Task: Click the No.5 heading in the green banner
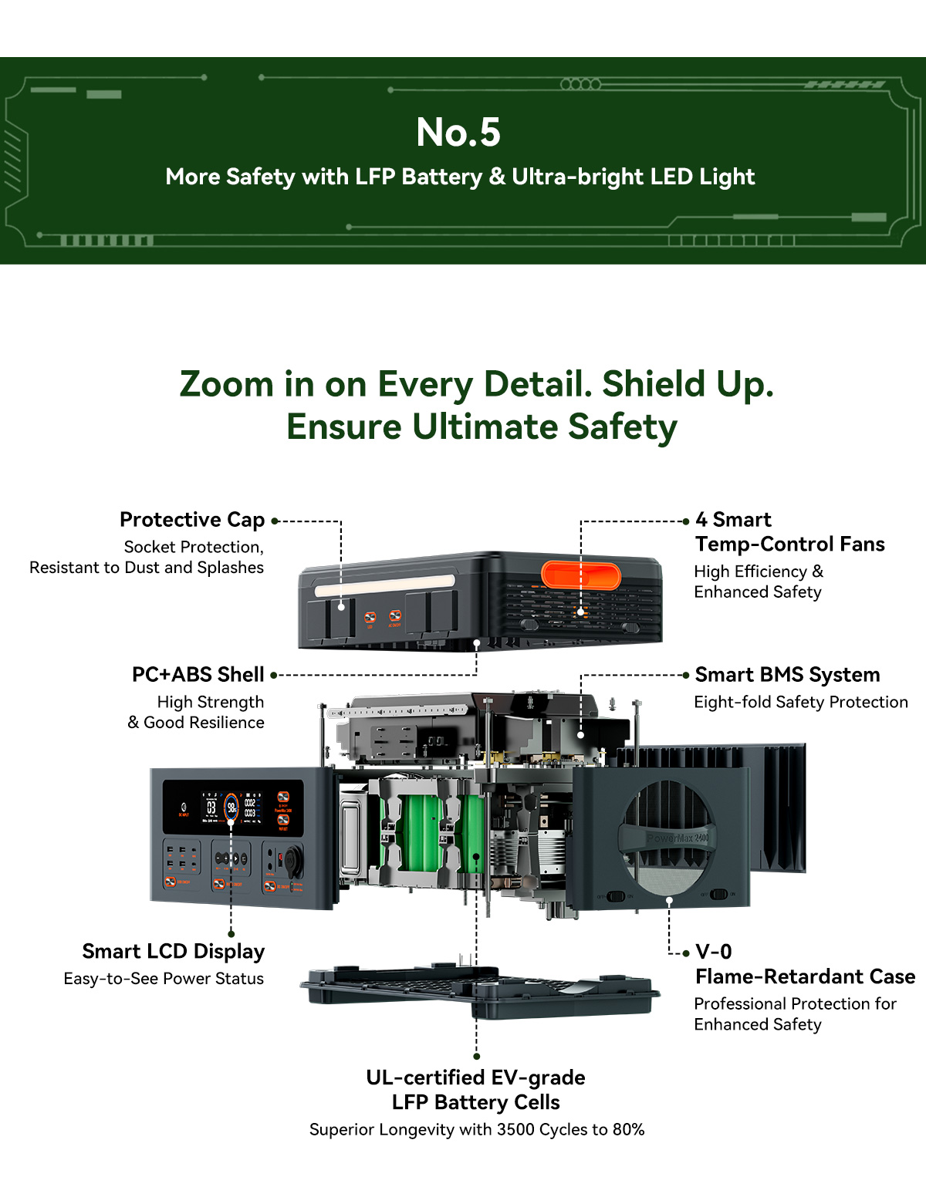458,132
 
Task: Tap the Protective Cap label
191,520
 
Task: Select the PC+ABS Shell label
198,675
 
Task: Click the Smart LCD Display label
173,952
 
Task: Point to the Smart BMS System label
787,675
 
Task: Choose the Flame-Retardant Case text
806,976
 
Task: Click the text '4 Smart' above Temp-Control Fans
733,520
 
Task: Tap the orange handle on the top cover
581,575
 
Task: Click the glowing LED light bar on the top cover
384,586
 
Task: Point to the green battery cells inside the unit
431,833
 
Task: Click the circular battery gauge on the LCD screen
231,807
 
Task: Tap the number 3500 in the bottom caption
516,1129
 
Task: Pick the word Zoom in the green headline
226,384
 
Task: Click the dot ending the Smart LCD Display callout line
231,933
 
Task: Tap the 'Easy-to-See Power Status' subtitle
164,978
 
